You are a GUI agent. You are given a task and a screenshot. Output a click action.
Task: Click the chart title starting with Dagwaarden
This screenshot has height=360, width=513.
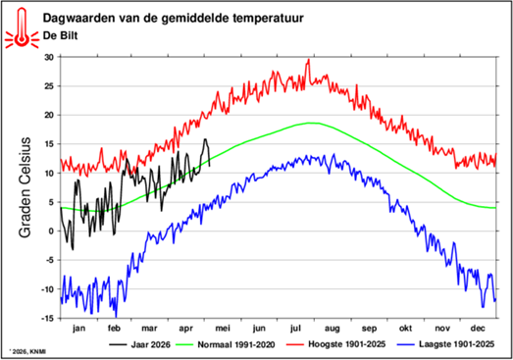(x=173, y=18)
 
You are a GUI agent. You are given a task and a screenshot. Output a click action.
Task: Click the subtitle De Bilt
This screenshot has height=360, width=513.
(x=60, y=35)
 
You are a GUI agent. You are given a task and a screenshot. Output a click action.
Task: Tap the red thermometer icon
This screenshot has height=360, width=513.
(x=22, y=27)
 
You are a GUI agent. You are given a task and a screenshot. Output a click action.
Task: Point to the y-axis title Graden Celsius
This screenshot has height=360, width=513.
(x=25, y=187)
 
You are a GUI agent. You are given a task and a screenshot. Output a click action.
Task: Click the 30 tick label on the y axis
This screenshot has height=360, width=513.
(x=49, y=57)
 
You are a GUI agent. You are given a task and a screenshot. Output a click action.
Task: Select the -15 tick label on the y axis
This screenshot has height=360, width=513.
(x=47, y=318)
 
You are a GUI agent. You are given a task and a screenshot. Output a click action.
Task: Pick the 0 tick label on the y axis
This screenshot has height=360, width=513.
(x=51, y=231)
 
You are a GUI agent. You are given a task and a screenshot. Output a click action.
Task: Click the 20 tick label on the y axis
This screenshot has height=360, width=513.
(x=49, y=115)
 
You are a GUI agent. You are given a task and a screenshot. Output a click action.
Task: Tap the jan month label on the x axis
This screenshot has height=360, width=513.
(x=78, y=329)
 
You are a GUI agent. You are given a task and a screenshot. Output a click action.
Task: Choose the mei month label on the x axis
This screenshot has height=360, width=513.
(x=223, y=329)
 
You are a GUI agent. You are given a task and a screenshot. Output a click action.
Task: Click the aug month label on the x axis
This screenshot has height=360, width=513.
(x=333, y=329)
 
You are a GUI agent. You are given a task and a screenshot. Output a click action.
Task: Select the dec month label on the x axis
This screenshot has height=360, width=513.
(x=478, y=328)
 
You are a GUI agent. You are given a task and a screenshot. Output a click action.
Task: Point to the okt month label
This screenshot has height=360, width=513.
(x=405, y=328)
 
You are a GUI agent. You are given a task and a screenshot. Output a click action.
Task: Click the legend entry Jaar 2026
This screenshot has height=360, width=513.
(x=140, y=344)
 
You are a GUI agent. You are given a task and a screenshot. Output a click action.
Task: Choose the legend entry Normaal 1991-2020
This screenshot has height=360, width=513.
(x=226, y=344)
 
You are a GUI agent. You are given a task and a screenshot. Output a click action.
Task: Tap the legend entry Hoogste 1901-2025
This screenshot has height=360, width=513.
(x=336, y=344)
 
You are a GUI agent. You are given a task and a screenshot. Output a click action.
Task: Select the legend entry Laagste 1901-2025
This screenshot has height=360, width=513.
(x=446, y=344)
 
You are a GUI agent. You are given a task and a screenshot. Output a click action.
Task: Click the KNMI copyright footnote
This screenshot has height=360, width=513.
(x=27, y=352)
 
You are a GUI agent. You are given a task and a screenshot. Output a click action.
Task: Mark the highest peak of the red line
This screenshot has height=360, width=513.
(x=309, y=59)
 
